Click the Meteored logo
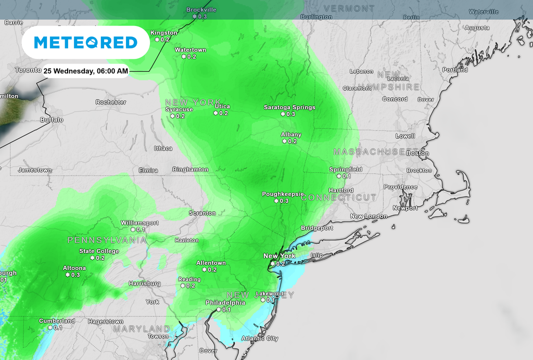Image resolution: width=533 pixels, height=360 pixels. tap(86, 42)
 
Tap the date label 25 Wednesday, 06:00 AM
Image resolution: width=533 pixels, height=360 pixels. tap(85, 71)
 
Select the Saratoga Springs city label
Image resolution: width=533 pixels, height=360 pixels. tap(289, 107)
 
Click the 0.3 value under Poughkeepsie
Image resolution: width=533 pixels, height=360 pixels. tap(284, 201)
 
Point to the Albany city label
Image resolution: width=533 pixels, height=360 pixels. tap(291, 135)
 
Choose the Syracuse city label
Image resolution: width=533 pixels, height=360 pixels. tap(179, 110)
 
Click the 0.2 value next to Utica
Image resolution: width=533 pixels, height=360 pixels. tap(224, 113)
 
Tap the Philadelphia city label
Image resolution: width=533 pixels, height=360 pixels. tap(225, 303)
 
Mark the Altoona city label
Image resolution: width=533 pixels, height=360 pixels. tap(74, 268)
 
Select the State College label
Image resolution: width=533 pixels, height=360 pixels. tap(99, 251)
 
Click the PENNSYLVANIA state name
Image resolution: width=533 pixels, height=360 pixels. tap(107, 240)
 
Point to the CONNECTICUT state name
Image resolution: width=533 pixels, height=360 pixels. tap(338, 198)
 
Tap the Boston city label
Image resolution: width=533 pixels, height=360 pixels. tap(418, 153)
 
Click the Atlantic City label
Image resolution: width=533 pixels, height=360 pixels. tap(260, 339)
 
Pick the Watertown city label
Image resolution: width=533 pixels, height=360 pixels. tap(191, 50)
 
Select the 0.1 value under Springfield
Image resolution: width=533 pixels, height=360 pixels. tap(347, 176)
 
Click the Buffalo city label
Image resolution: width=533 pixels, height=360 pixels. tap(52, 120)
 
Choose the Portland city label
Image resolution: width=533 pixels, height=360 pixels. tap(455, 70)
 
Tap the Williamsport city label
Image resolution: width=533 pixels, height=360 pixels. tap(139, 223)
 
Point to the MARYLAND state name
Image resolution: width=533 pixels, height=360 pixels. tap(142, 329)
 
